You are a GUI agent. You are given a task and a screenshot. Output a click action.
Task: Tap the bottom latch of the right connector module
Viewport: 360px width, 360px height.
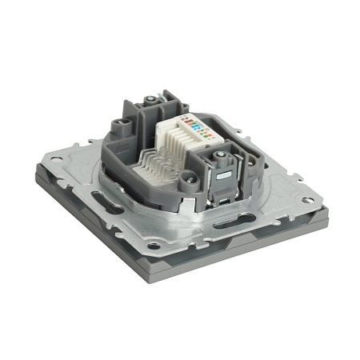[x=219, y=198]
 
